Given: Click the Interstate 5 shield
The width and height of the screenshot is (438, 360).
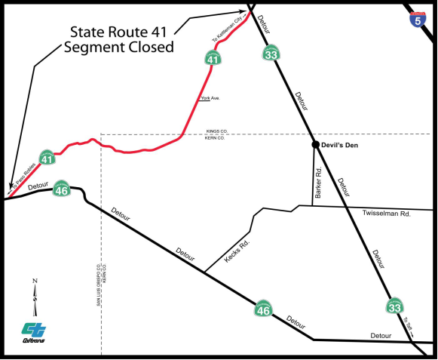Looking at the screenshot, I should click(x=417, y=19).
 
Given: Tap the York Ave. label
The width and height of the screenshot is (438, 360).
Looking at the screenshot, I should click(x=210, y=98).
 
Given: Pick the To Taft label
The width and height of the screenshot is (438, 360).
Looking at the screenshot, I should click(x=408, y=325).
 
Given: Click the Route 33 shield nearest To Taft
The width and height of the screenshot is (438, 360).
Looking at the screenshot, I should click(x=394, y=306).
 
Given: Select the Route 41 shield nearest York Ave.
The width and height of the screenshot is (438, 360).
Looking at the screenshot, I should click(x=213, y=57).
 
